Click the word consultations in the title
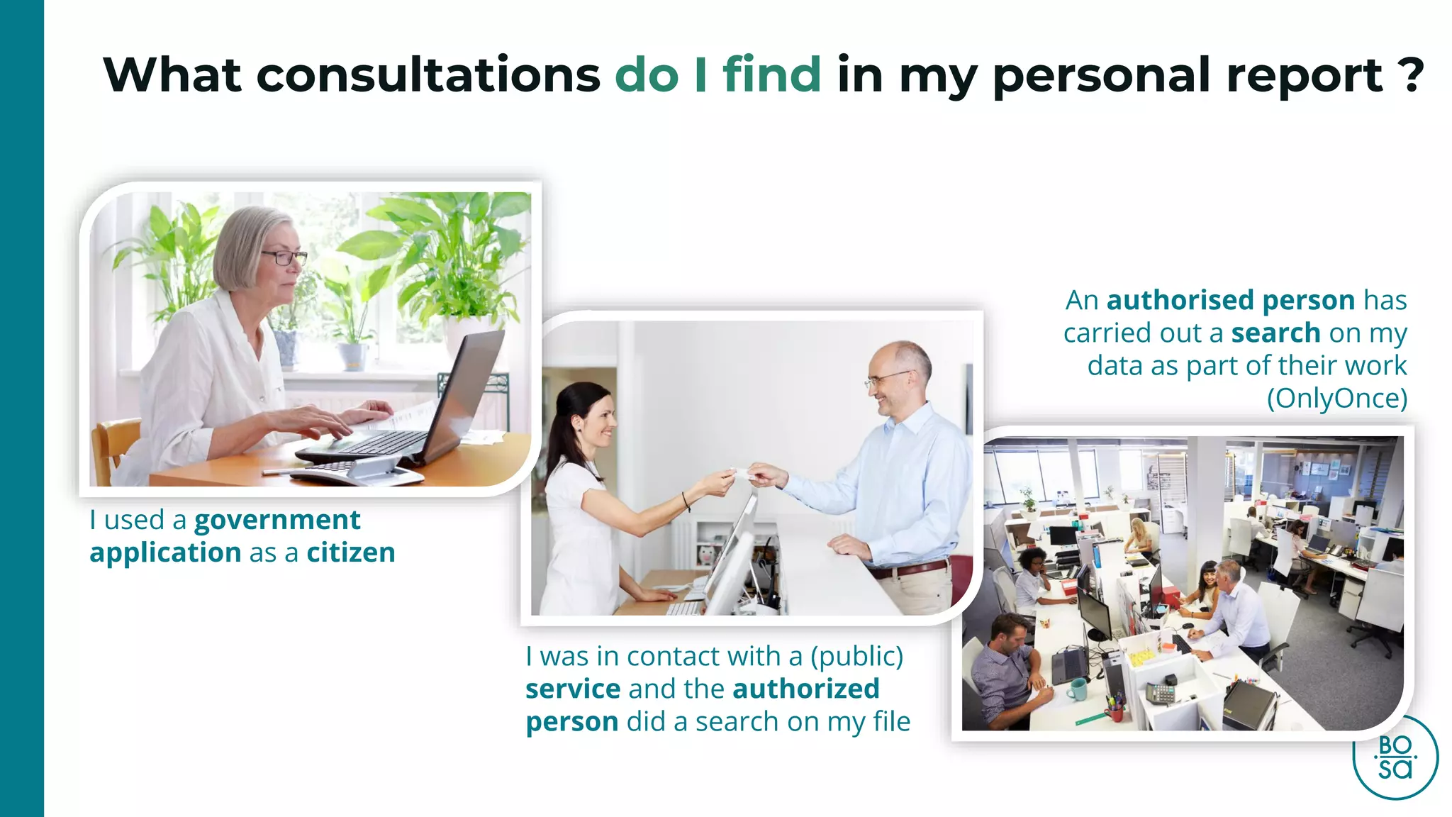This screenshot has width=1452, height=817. tap(428, 74)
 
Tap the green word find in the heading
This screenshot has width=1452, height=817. tap(771, 74)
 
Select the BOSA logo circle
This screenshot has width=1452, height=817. tap(1395, 757)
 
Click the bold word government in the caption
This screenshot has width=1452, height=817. tap(277, 521)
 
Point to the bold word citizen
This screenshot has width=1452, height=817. tap(351, 552)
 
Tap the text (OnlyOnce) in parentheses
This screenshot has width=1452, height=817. tap(1336, 399)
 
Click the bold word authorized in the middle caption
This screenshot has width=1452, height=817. tap(806, 689)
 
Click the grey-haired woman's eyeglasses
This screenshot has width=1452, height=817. tap(284, 257)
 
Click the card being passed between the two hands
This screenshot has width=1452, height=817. tap(742, 472)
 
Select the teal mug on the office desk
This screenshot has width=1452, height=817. tap(1077, 688)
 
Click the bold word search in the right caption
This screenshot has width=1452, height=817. tap(1275, 333)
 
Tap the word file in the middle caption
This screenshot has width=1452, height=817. tap(891, 722)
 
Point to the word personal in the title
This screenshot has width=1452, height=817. tap(1102, 74)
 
